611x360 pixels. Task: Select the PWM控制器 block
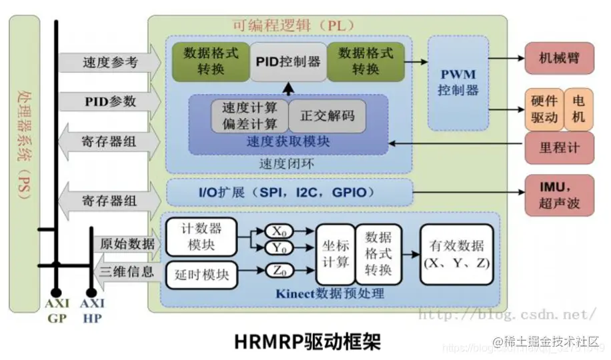pos(458,82)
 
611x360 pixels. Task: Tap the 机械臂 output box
pos(558,59)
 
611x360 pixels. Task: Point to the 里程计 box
pos(559,147)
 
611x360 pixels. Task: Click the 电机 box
pos(578,109)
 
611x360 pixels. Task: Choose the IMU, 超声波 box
pos(559,194)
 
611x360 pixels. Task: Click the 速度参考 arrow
pos(110,63)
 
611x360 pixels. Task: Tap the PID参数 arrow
pos(110,101)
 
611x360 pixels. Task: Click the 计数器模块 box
pos(201,236)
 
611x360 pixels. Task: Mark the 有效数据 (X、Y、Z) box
pos(458,254)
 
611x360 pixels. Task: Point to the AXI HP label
pos(92,311)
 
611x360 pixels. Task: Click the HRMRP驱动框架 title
pos(308,341)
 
